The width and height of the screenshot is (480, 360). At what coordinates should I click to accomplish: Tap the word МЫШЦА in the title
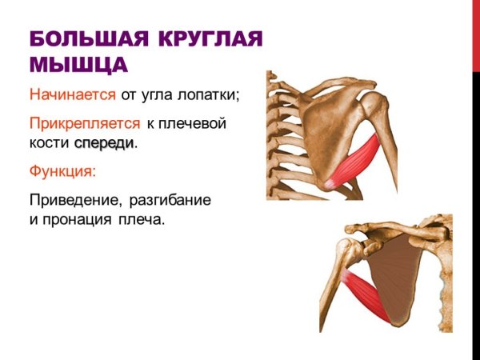(x=78, y=64)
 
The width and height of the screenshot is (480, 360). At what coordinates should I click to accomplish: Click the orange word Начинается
(x=73, y=95)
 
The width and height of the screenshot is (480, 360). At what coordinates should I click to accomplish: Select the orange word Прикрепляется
(x=84, y=124)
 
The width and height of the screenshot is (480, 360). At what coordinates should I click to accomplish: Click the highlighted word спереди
(x=103, y=144)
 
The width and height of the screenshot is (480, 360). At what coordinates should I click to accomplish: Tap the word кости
(x=49, y=144)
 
